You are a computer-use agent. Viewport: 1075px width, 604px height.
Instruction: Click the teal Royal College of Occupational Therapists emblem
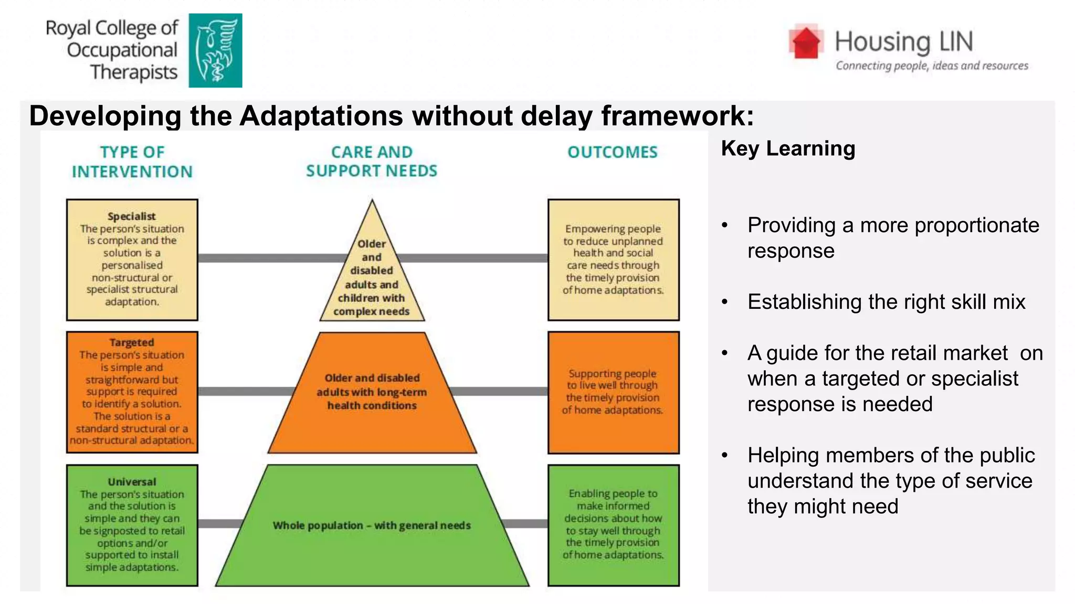tap(215, 50)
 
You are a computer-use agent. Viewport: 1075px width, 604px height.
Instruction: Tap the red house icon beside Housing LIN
tap(806, 41)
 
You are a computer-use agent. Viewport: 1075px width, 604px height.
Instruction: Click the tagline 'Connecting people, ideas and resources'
tap(932, 66)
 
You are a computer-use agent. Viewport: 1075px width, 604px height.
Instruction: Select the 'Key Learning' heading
tap(788, 149)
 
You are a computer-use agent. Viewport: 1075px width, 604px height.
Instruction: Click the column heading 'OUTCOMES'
tap(613, 153)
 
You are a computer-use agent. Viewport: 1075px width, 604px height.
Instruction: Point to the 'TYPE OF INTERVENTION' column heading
tap(132, 161)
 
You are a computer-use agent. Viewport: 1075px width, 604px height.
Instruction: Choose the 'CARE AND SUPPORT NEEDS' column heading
tap(372, 161)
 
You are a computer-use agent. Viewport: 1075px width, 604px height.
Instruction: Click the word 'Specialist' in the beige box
tap(132, 217)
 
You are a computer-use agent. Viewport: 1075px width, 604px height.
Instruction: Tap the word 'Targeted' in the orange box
tap(132, 343)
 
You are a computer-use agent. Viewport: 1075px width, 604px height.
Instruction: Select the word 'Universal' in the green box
tap(132, 482)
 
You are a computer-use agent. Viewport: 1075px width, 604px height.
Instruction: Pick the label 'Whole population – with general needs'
tap(372, 525)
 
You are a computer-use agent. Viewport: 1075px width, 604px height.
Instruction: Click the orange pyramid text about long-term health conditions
tap(372, 392)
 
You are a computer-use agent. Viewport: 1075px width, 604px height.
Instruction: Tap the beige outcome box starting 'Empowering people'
tap(613, 260)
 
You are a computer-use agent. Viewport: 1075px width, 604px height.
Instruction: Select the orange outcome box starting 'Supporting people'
tap(613, 392)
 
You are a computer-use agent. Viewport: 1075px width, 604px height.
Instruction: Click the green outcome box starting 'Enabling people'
tap(613, 524)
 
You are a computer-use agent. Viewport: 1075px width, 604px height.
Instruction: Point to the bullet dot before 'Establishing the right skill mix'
tap(725, 303)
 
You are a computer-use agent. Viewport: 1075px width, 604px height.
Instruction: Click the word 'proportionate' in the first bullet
tap(977, 225)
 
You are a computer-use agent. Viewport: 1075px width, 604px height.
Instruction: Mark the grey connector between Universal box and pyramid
tap(220, 524)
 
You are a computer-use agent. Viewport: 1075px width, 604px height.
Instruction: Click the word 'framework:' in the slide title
tap(678, 116)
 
